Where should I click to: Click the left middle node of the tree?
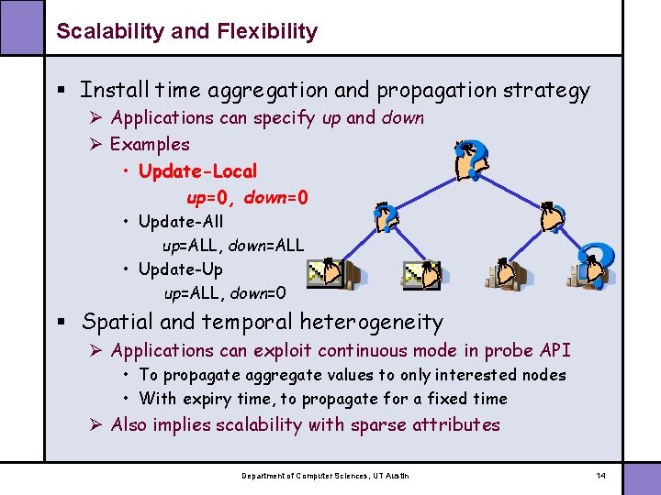pyautogui.click(x=387, y=218)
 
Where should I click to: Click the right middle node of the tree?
pyautogui.click(x=552, y=218)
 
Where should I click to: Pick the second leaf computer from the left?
pyautogui.click(x=423, y=274)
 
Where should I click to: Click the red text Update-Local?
pyautogui.click(x=197, y=171)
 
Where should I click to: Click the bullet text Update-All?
pyautogui.click(x=180, y=221)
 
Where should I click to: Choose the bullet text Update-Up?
pyautogui.click(x=180, y=269)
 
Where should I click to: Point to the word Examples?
pyautogui.click(x=150, y=144)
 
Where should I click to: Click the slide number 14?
pyautogui.click(x=601, y=476)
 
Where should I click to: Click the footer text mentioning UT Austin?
pyautogui.click(x=325, y=476)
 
